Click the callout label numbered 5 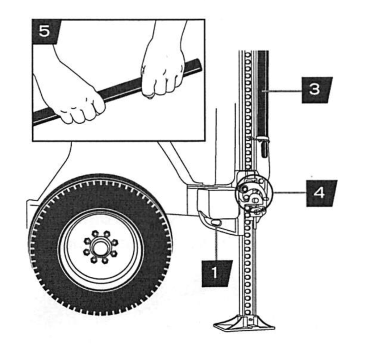45,31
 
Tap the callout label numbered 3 316,90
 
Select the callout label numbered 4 321,193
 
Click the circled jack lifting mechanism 253,193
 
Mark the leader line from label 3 286,91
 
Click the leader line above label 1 216,243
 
